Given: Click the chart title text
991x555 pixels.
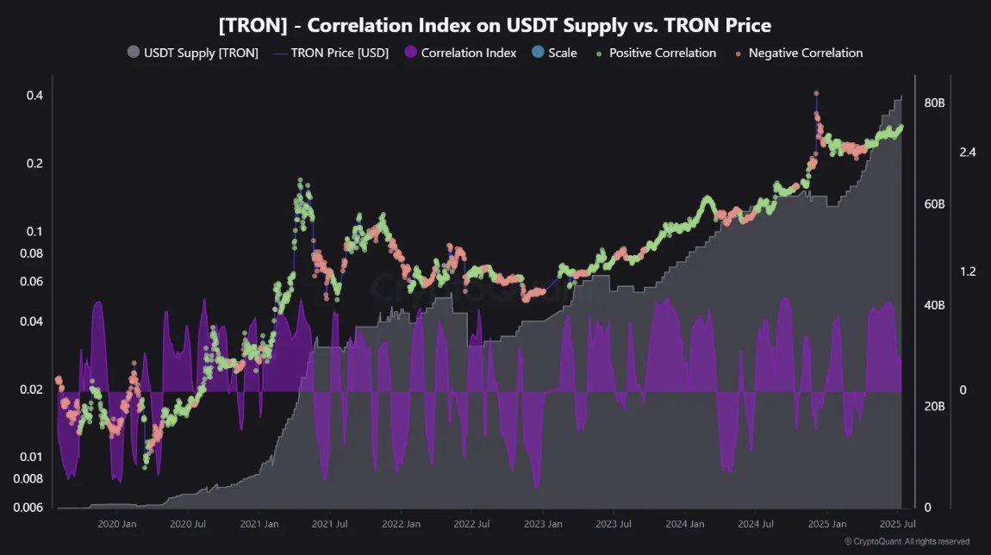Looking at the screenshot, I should pos(495,25).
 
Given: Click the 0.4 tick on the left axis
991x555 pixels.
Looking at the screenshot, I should pos(34,95).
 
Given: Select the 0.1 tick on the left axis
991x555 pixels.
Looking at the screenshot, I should pos(34,231).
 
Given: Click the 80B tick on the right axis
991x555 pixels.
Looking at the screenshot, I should pos(935,103).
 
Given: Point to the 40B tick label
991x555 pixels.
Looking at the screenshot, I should pos(935,305).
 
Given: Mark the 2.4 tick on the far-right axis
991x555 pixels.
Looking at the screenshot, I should pos(967,153).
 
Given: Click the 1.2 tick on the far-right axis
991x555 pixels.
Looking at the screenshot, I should pos(967,271).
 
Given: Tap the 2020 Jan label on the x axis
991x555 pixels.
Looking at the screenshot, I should pos(117,524).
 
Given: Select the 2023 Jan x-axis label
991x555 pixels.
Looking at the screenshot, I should pos(544,524).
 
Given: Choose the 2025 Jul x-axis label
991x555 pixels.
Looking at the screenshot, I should pos(897,524).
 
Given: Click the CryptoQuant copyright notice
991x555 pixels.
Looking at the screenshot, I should pos(907,541).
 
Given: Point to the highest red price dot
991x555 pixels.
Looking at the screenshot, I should pos(816,93).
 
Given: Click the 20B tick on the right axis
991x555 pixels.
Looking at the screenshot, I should pos(935,406).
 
